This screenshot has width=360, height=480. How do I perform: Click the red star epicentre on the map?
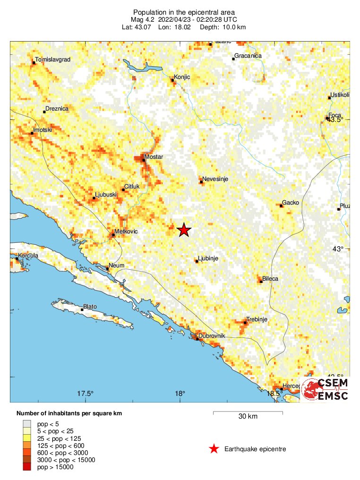click(184, 230)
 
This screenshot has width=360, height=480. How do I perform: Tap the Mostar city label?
click(154, 156)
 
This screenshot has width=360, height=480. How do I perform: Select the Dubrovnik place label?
click(212, 336)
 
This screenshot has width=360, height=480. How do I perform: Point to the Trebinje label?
click(257, 319)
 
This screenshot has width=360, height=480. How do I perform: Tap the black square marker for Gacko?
click(281, 206)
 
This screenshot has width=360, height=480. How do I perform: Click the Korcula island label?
click(28, 256)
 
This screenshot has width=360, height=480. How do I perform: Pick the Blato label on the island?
click(90, 307)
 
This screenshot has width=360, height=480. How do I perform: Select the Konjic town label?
click(182, 77)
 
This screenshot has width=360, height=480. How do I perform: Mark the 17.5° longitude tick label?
click(86, 394)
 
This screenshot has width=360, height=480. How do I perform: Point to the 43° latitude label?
click(339, 249)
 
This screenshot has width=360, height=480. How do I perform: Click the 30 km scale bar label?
click(248, 417)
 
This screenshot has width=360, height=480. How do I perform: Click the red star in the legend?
click(214, 449)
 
